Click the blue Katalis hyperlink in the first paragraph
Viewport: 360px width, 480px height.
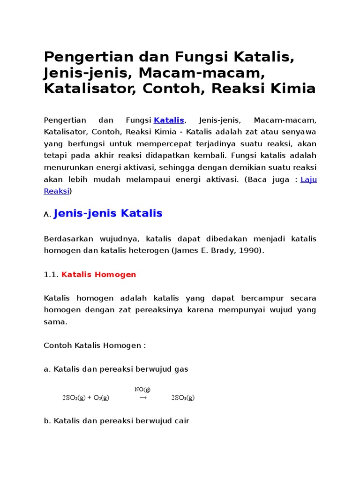[169, 121]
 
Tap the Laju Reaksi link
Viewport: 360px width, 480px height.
[308, 180]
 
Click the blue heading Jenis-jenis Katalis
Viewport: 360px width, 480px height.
[108, 214]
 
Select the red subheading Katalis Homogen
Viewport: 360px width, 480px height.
[99, 275]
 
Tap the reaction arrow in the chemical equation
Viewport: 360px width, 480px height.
[143, 397]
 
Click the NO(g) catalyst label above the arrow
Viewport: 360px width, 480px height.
[142, 390]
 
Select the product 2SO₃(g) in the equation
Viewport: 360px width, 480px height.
[183, 397]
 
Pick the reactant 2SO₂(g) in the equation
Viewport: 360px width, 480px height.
[74, 397]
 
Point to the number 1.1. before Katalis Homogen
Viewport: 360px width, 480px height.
[51, 275]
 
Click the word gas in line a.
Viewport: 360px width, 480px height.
[181, 369]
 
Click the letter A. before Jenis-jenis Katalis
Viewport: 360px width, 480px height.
[47, 215]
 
